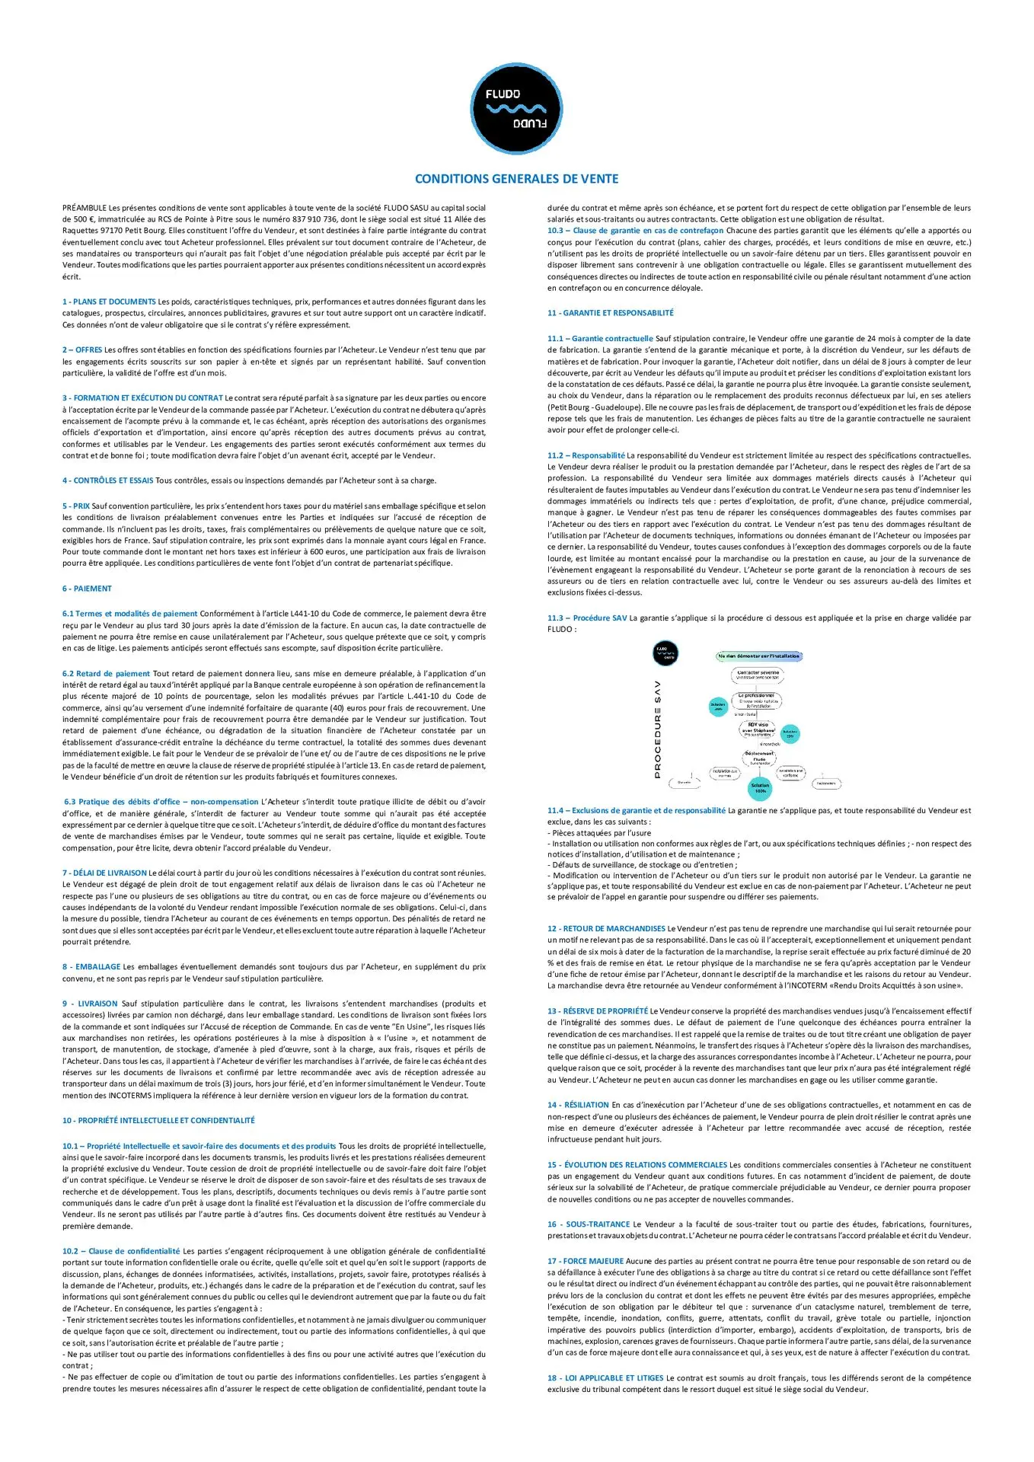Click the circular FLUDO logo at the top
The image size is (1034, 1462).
coord(516,109)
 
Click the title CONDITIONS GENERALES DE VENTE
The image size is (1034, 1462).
coord(516,179)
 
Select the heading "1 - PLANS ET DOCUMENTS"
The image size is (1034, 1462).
coord(109,302)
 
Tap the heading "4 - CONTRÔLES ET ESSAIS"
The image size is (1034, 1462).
coord(107,480)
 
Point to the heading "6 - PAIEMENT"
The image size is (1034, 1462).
coord(87,589)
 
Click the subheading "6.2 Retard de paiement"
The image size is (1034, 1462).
coord(106,673)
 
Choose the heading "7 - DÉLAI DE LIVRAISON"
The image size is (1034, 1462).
coord(104,873)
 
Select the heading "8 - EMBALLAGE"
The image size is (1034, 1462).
coord(91,966)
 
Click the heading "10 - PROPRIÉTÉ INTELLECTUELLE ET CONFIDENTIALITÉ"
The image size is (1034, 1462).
coord(158,1120)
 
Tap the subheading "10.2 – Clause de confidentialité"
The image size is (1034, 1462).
coord(121,1250)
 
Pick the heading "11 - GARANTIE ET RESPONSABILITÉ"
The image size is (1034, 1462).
coord(610,313)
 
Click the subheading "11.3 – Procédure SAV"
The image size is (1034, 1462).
coord(587,618)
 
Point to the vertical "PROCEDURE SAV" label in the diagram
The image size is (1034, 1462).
coord(657,729)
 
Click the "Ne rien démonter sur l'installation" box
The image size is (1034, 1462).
coord(759,656)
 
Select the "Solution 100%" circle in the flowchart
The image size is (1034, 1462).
coord(760,788)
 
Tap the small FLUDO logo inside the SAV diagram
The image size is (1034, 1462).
coord(665,653)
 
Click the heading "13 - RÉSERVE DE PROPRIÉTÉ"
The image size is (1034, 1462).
coord(597,1011)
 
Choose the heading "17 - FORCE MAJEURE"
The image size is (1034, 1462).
coord(585,1261)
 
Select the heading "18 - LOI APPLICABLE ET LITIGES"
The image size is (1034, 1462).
coord(605,1377)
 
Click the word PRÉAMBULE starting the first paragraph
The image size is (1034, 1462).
coord(85,208)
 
